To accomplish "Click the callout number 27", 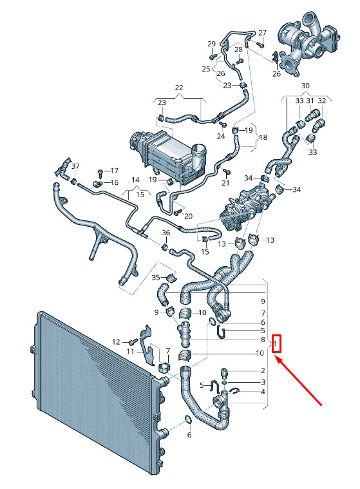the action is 263,33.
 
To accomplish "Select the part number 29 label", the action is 212,44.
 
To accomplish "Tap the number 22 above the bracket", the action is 179,88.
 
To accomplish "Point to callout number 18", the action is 263,137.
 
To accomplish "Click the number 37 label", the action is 75,166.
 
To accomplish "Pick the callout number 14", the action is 136,180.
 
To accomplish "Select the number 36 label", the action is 166,233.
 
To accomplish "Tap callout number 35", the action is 156,277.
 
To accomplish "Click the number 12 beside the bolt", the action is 116,342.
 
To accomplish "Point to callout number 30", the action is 305,86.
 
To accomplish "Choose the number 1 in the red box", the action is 276,343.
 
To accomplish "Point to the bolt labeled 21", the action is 227,171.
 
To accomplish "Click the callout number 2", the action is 263,370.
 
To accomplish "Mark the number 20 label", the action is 189,216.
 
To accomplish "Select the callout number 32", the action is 321,101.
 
